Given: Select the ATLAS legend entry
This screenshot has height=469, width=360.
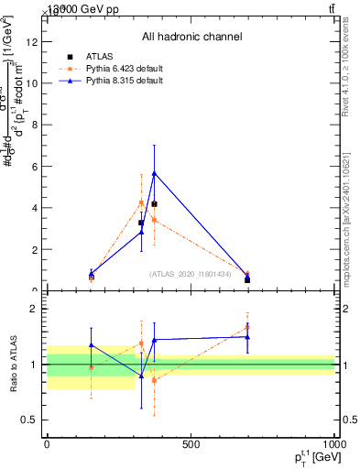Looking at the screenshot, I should [x=101, y=56].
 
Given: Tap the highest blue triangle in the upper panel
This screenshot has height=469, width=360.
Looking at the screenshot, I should [x=154, y=173].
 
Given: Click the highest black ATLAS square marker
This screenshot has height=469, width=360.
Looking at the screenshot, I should [x=154, y=203].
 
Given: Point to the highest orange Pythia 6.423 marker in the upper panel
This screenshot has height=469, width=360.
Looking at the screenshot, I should [x=141, y=202].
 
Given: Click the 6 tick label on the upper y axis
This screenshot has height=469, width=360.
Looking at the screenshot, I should [x=33, y=166].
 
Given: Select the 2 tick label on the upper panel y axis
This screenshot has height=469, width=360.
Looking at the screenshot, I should [x=33, y=249].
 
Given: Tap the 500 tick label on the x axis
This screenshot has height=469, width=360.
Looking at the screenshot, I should [x=191, y=444].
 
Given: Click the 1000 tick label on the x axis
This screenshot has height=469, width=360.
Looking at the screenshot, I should [x=334, y=444].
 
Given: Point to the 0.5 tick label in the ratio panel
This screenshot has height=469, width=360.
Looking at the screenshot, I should [x=28, y=420].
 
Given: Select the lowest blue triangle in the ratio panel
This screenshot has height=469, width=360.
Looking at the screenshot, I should [x=141, y=376].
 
